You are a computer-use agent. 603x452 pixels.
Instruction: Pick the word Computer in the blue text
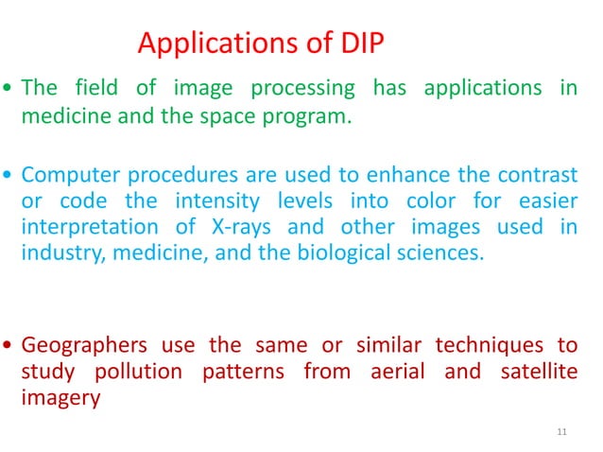click(62, 175)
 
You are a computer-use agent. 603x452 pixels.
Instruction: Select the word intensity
click(259, 200)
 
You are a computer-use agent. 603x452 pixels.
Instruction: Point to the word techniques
click(487, 344)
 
